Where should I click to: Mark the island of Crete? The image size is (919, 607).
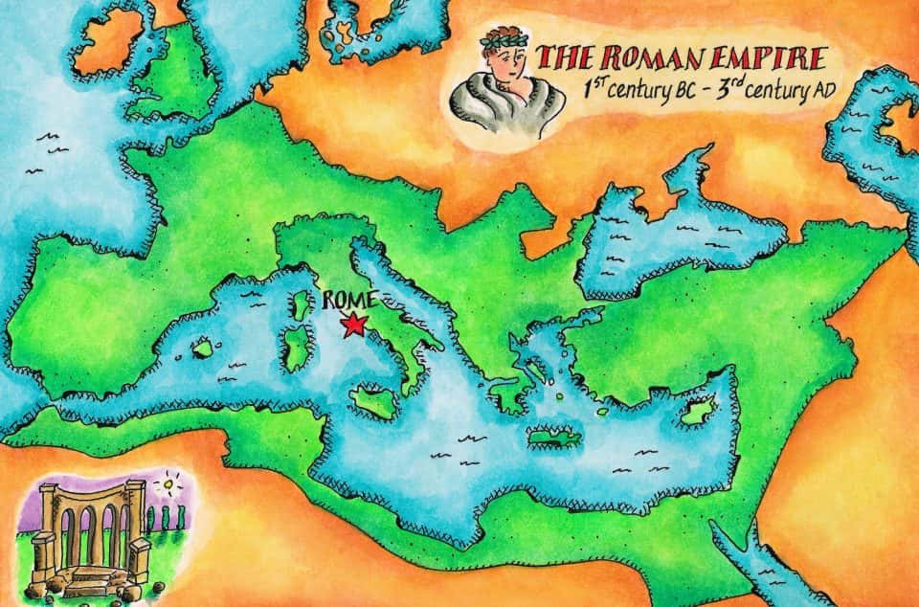[550, 437]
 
